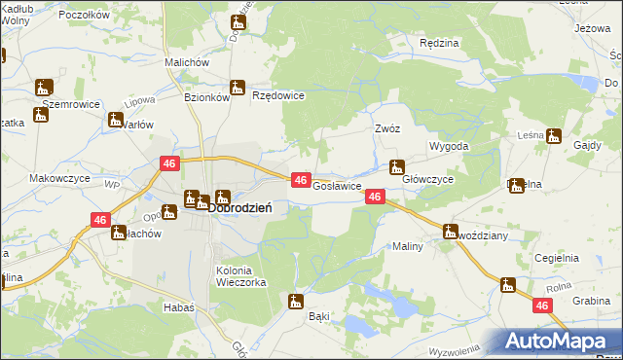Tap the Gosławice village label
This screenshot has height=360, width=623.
[337, 185]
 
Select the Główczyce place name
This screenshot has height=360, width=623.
[428, 180]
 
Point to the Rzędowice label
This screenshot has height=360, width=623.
[278, 95]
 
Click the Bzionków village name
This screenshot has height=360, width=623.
[206, 97]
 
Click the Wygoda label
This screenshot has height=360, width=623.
[450, 146]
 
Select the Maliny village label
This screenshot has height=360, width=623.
[407, 246]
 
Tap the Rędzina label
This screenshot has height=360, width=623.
[438, 44]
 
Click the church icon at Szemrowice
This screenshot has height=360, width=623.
[44, 87]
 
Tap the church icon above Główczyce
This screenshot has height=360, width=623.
[396, 166]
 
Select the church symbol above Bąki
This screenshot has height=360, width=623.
[296, 302]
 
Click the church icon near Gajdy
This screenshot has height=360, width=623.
[554, 136]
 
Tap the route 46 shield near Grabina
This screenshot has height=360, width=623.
[543, 306]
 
